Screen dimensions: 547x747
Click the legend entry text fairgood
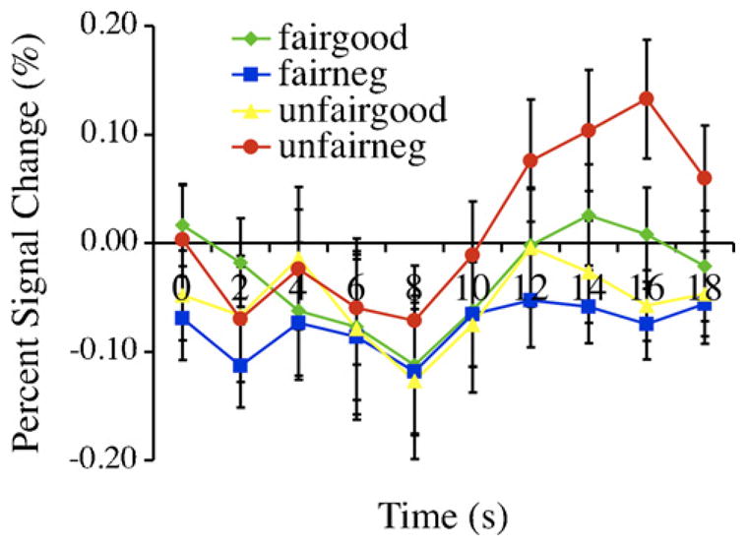click(x=329, y=42)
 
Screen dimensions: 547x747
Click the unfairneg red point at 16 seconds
click(x=647, y=98)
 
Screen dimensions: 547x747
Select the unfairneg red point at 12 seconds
click(x=530, y=159)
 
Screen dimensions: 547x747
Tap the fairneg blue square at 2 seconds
click(x=240, y=365)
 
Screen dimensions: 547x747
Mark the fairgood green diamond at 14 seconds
click(x=589, y=215)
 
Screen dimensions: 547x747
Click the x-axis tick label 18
click(x=705, y=288)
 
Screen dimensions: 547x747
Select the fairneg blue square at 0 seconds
click(x=182, y=318)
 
